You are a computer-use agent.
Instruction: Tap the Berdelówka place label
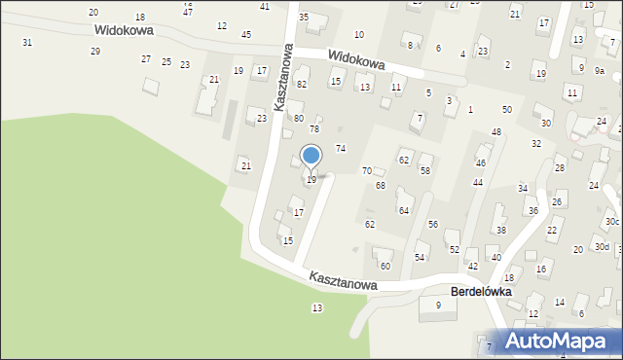point(481,291)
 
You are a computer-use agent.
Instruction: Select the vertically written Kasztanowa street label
point(283,77)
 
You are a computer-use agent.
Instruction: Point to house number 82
point(302,85)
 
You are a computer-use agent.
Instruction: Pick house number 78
point(314,128)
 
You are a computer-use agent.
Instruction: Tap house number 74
point(341,148)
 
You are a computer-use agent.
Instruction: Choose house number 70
point(367,170)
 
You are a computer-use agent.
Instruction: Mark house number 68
point(381,185)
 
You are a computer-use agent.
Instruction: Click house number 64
point(403,210)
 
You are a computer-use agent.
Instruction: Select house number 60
point(385,266)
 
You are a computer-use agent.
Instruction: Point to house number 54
point(420,257)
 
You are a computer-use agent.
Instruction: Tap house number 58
point(425,170)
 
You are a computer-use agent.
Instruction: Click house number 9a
point(601,71)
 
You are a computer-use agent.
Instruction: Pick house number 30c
point(611,222)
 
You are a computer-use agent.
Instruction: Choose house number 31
point(27,42)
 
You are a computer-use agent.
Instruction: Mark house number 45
point(246,34)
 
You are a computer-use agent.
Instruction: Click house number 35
point(304,18)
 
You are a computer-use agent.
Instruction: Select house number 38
point(501,230)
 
